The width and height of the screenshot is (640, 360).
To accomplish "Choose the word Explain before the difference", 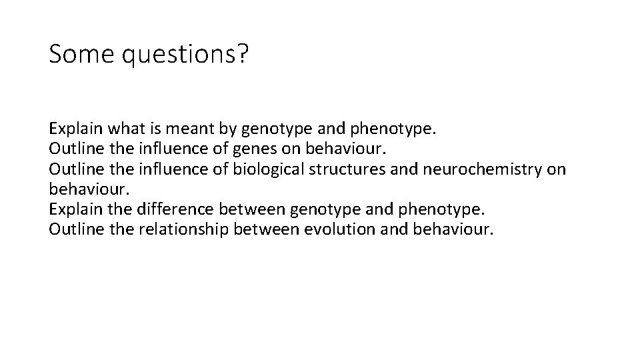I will pyautogui.click(x=75, y=211).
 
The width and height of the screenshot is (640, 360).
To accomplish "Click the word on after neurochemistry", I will pyautogui.click(x=556, y=169).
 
